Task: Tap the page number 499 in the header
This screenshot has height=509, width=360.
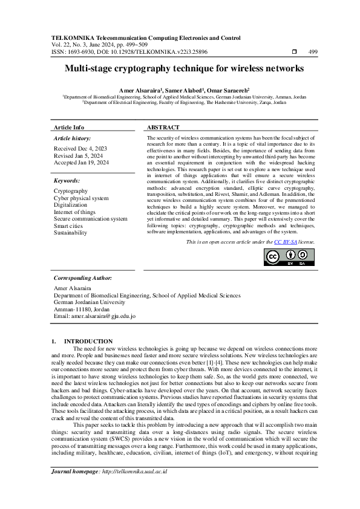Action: tap(313, 53)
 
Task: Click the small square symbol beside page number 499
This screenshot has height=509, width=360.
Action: tap(294, 53)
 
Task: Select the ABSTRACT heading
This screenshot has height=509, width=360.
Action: tap(163, 128)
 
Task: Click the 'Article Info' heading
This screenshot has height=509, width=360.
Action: tap(70, 128)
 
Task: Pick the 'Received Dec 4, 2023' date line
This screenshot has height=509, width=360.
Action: tap(80, 148)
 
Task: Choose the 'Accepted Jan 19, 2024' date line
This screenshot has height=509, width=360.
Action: tap(81, 163)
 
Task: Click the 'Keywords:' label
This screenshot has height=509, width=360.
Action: tap(67, 181)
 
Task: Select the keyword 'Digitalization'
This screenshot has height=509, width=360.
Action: tap(70, 205)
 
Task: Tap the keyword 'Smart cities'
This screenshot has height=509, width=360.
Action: tap(68, 225)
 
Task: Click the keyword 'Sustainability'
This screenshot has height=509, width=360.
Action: tap(70, 233)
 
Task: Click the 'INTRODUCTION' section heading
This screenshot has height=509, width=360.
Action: tap(88, 342)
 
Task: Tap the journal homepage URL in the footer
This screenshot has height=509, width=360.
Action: tap(134, 488)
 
